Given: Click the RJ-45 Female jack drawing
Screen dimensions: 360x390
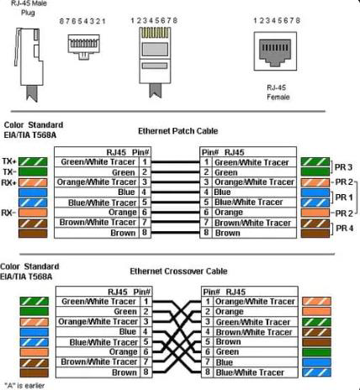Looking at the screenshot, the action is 275,51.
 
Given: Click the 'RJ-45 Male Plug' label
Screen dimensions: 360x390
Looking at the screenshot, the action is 29,8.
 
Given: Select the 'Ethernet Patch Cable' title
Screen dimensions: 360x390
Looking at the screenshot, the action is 178,131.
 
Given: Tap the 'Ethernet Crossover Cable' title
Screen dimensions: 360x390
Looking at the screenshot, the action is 178,271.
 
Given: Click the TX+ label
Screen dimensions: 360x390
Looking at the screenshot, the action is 9,161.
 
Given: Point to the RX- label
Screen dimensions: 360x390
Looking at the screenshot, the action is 8,213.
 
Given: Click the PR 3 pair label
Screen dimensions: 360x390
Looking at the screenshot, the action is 343,167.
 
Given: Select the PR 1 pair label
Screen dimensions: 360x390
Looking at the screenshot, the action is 344,198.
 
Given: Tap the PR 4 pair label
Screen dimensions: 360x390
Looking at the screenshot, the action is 345,228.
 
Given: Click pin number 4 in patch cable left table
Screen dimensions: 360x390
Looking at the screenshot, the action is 144,192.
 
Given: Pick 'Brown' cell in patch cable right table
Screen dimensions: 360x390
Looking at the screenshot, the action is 227,233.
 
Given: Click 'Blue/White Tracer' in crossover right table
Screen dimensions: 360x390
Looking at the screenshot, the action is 250,372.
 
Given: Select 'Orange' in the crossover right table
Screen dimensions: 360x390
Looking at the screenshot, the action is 229,312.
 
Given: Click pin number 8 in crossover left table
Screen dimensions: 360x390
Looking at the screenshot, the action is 146,372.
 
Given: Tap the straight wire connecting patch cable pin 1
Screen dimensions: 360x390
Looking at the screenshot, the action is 175,162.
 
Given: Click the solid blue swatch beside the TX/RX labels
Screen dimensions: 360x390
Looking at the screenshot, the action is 33,192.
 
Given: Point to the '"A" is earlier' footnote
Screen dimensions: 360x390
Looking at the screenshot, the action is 24,386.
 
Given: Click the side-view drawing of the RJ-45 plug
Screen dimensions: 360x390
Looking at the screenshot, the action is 29,65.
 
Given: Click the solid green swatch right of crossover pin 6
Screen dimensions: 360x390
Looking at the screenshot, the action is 316,352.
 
